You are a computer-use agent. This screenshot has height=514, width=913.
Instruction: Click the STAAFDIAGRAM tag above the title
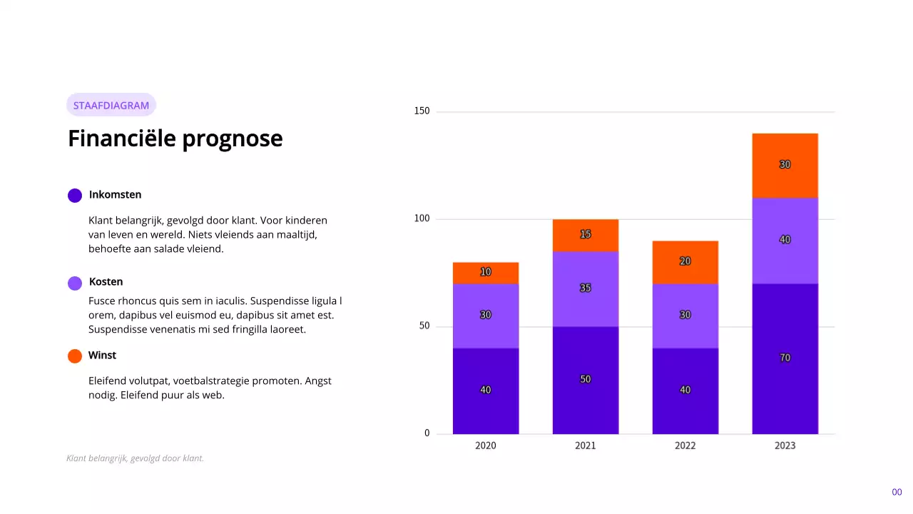(111, 106)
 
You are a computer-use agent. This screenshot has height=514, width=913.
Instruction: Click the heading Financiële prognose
(175, 138)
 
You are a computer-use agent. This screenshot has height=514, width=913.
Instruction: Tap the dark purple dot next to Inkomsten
(75, 196)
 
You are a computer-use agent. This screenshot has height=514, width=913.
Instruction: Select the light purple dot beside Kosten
(75, 283)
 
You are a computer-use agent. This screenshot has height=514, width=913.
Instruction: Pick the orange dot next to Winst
(75, 356)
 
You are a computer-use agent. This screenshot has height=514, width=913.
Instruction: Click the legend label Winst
(102, 356)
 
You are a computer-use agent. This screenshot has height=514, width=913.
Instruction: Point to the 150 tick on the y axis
(422, 111)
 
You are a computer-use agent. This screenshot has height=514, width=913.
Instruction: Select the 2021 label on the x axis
(585, 445)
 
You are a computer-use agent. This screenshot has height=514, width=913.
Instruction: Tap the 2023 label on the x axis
(785, 445)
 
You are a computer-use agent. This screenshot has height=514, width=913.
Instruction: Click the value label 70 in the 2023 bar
(785, 358)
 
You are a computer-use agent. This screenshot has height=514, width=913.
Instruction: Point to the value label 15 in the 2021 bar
(585, 234)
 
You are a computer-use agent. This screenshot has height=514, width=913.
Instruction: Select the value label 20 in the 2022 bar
(685, 261)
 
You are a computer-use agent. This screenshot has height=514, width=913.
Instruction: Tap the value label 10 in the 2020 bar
(485, 272)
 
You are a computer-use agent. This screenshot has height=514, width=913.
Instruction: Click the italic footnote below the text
(135, 458)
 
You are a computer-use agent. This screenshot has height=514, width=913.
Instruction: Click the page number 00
(897, 493)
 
